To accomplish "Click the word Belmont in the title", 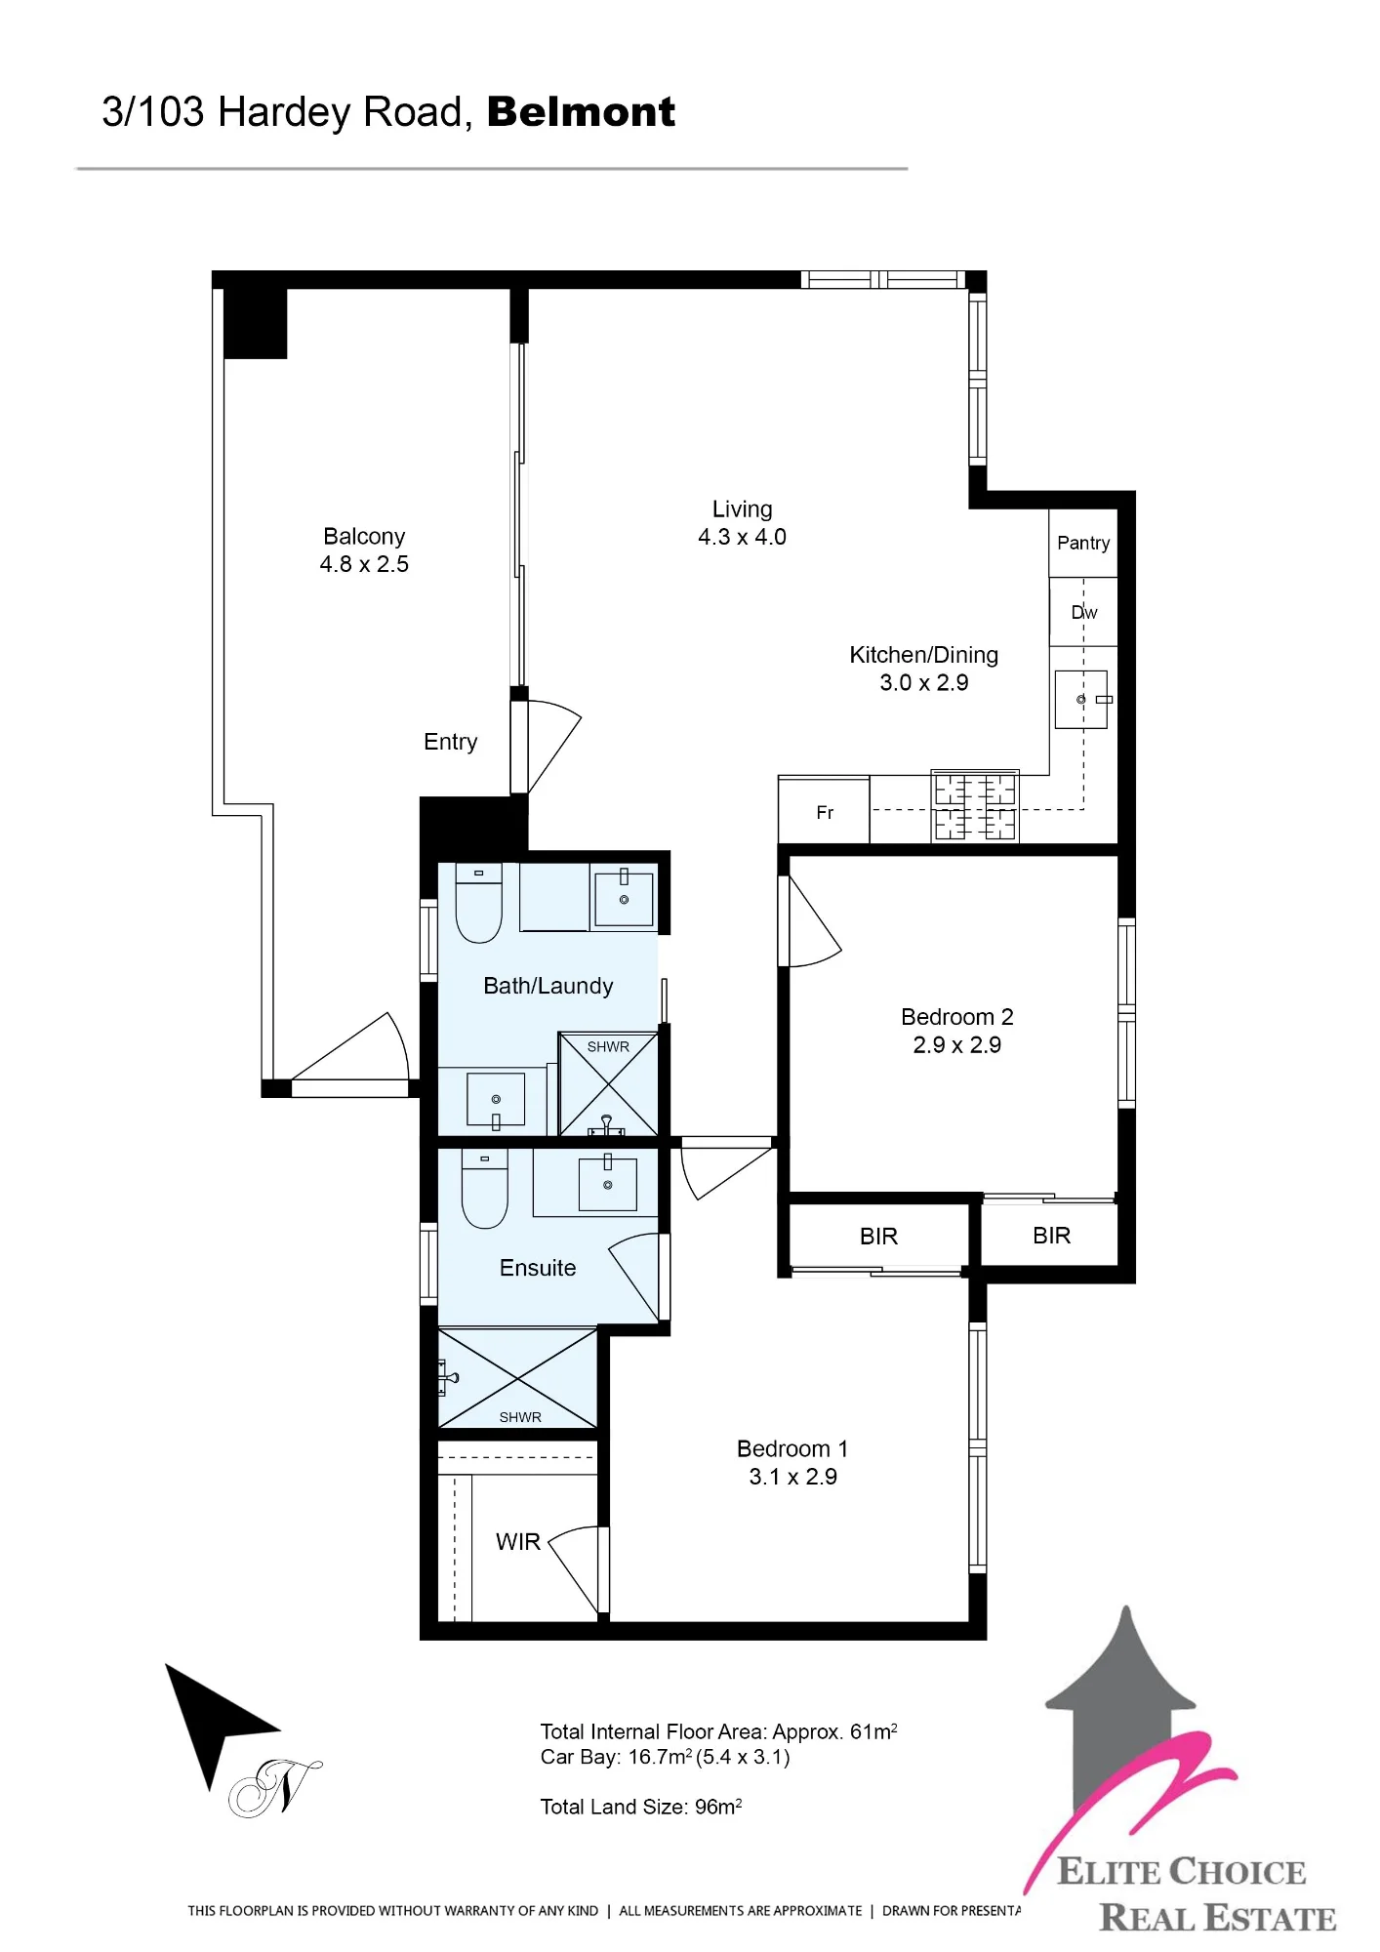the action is pos(581,112).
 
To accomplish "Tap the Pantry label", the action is pos(1083,543).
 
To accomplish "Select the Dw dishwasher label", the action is pos(1084,612).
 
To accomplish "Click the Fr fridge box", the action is pos(824,810).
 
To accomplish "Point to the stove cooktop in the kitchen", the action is pos(975,806).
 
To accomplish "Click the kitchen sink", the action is pos(1081,699).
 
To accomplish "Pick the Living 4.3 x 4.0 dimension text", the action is pos(742,537).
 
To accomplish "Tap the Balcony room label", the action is pos(364,536).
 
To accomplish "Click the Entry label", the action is pos(450,742).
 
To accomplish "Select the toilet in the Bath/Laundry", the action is pos(479,903).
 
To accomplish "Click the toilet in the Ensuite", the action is pos(485,1189).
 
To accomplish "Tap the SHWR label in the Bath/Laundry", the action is pos(608,1046).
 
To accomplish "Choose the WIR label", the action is pos(517,1542).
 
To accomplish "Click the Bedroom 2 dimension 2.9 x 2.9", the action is pos(956,1045).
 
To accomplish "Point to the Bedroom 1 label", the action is pos(792,1448).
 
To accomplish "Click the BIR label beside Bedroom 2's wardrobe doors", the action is pos(1051,1236).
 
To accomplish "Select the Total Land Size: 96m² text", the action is pos(641,1807).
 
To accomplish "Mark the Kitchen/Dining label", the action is pos(923,655).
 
